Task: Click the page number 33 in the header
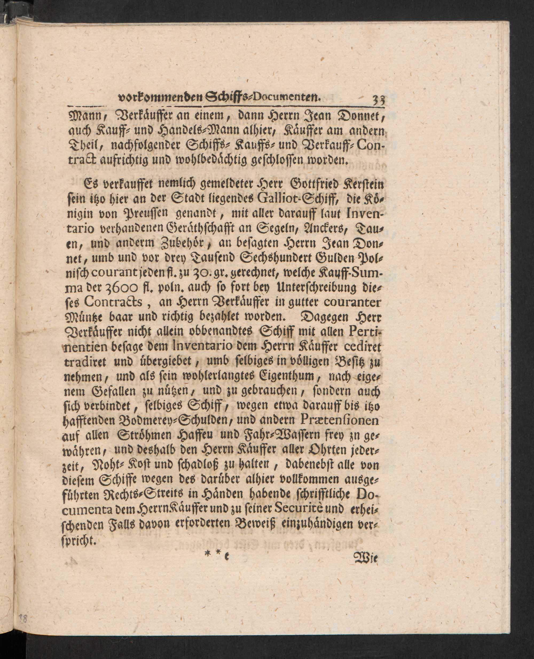(380, 101)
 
